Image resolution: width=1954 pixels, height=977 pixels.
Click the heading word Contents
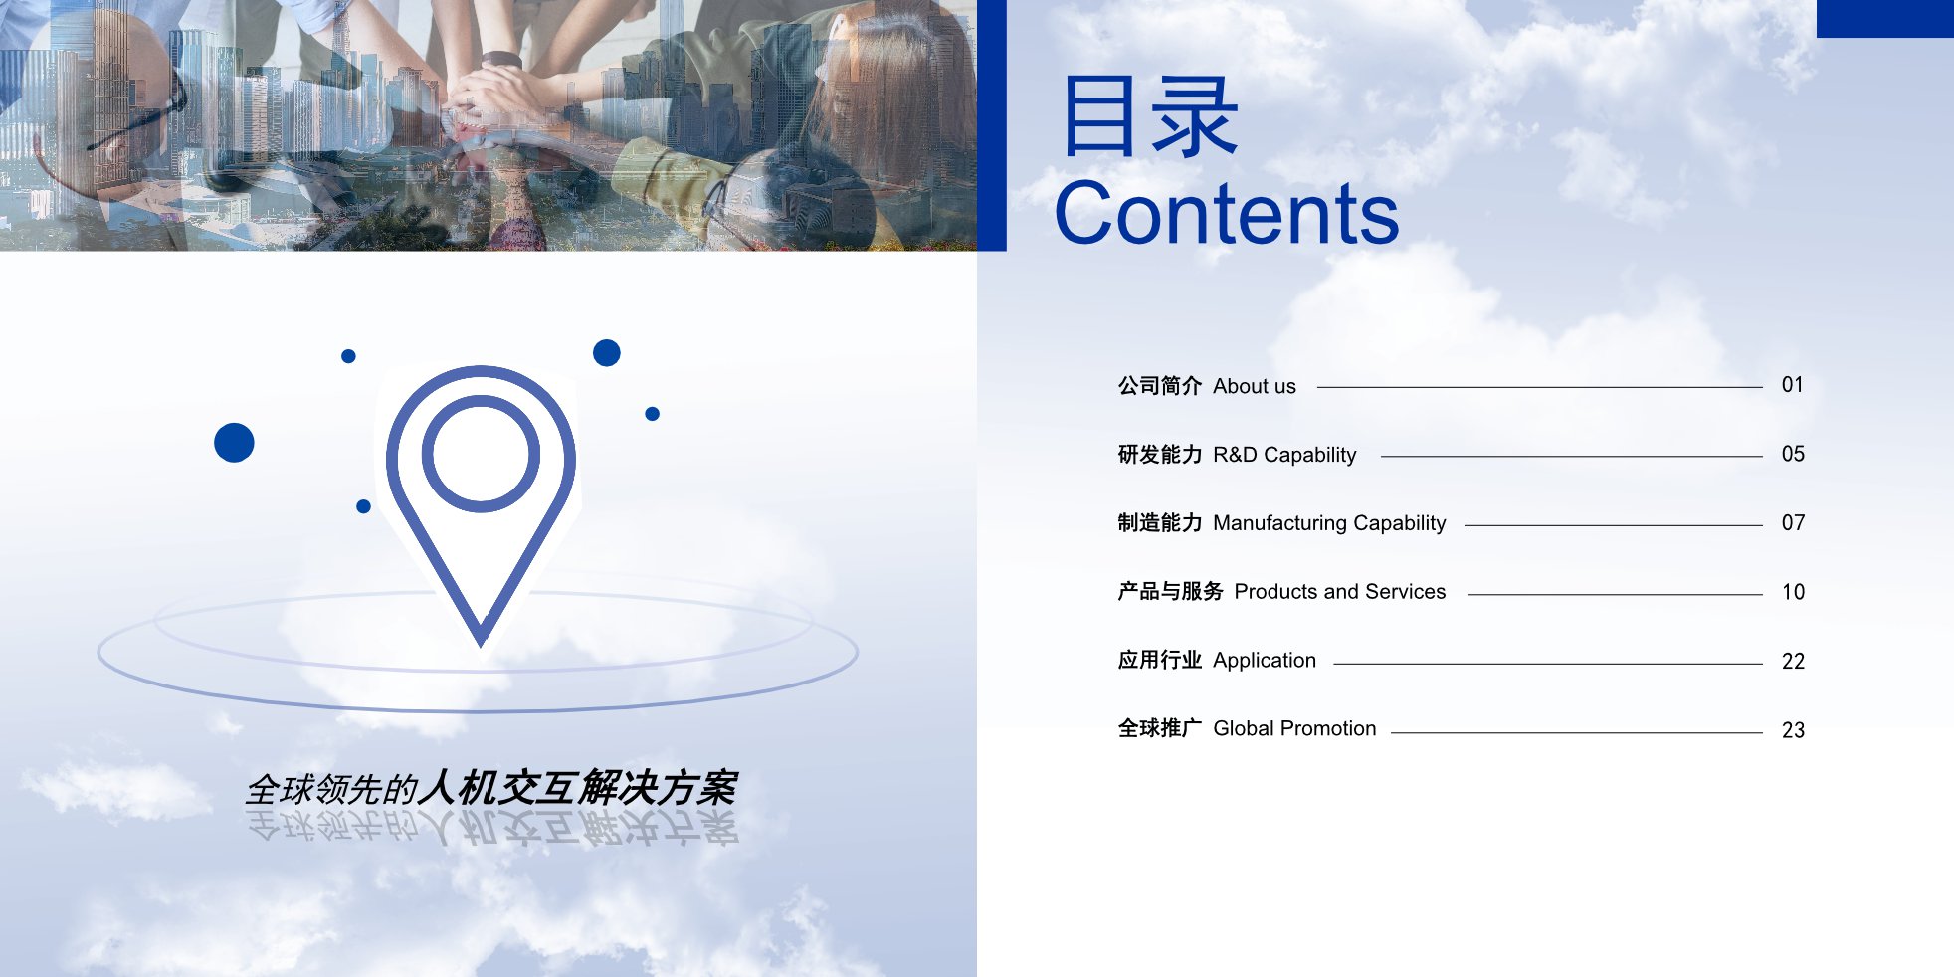pyautogui.click(x=1226, y=213)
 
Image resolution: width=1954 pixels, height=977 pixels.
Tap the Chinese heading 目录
pyautogui.click(x=1150, y=117)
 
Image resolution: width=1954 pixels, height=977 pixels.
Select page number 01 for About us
pyautogui.click(x=1793, y=385)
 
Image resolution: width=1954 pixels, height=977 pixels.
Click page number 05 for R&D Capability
pyautogui.click(x=1793, y=454)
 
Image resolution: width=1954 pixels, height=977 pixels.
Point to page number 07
pyautogui.click(x=1793, y=523)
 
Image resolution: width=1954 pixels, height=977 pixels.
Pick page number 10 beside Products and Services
pyautogui.click(x=1793, y=592)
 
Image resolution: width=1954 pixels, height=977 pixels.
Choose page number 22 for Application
pyautogui.click(x=1793, y=662)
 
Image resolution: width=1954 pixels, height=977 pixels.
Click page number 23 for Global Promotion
pyautogui.click(x=1793, y=730)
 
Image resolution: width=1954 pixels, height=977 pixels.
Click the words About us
pyautogui.click(x=1255, y=386)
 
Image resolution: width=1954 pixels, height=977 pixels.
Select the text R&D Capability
pyautogui.click(x=1284, y=455)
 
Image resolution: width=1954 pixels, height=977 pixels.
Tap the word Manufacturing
pyautogui.click(x=1279, y=523)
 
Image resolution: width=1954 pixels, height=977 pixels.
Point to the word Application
pyautogui.click(x=1265, y=661)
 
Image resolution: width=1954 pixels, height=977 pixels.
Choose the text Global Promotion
pyautogui.click(x=1294, y=728)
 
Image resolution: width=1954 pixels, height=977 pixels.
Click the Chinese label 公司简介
pyautogui.click(x=1160, y=386)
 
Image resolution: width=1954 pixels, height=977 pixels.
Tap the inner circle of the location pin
pyautogui.click(x=481, y=454)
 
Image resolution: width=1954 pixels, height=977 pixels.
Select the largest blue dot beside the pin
pyautogui.click(x=234, y=442)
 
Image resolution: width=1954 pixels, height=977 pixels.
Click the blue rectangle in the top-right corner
pyautogui.click(x=1885, y=19)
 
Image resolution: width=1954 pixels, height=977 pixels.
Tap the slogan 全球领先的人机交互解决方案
pyautogui.click(x=491, y=788)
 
